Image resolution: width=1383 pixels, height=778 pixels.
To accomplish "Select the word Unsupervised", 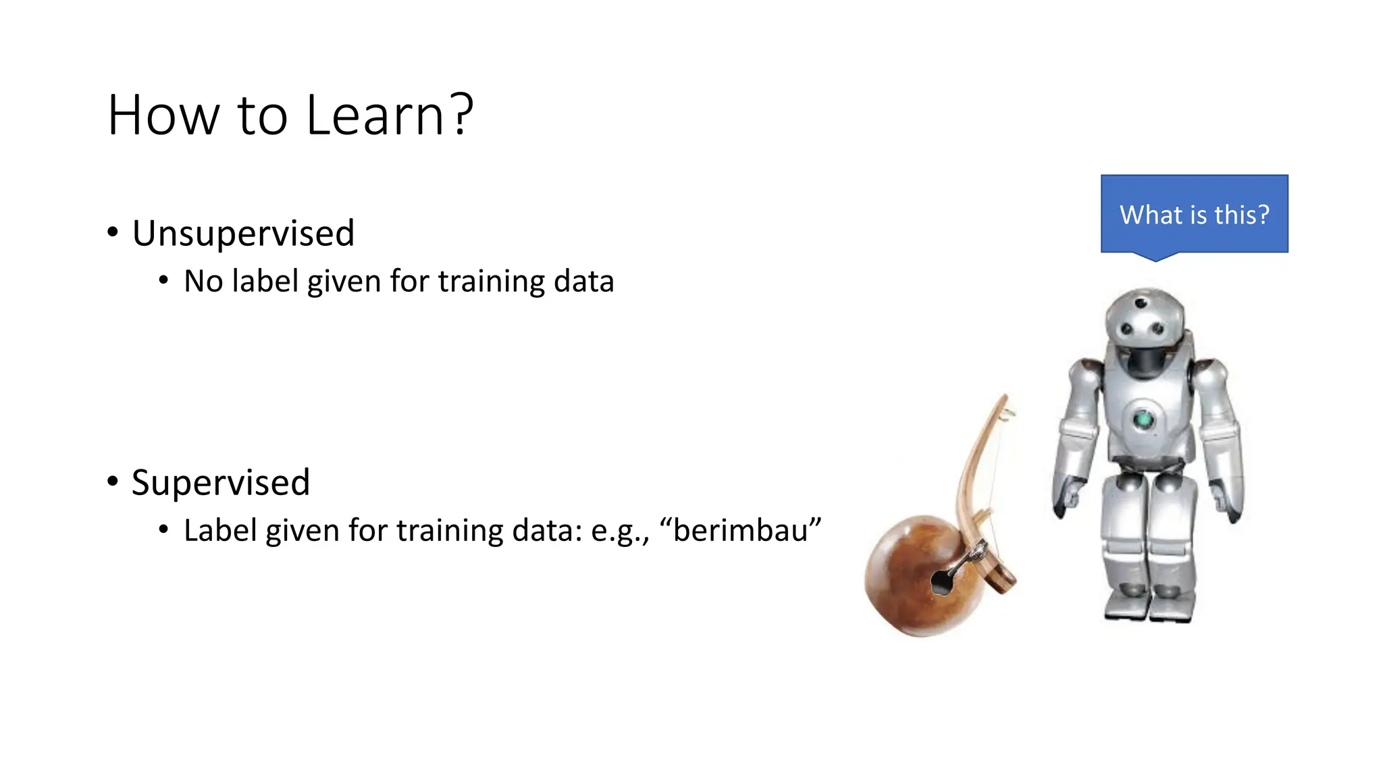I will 243,234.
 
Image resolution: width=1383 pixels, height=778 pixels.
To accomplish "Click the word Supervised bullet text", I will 221,483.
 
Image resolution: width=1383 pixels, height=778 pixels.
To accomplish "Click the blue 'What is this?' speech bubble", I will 1194,214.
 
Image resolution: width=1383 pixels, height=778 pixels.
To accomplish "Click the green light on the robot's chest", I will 1143,419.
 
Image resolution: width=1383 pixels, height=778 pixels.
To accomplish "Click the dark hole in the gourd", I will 939,582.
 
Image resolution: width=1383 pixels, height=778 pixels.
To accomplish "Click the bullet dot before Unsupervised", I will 113,232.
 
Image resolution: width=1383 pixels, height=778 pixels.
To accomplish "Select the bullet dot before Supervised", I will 113,482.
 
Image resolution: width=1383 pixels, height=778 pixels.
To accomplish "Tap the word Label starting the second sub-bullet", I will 220,531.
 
